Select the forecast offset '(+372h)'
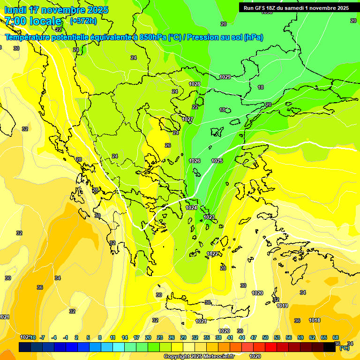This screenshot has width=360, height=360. [83, 21]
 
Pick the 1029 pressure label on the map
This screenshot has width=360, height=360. [225, 77]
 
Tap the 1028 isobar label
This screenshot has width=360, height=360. [195, 84]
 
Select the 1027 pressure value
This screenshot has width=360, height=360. [187, 120]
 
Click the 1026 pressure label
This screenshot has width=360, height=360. [195, 161]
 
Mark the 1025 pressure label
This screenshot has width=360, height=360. [217, 161]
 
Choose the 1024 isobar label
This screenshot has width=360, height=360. [191, 207]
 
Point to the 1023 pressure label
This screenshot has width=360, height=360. [209, 217]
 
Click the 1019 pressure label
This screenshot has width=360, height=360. [282, 306]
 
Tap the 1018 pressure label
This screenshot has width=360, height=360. [315, 320]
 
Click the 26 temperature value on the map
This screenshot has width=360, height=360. [168, 145]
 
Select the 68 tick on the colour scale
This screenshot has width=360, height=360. [336, 337]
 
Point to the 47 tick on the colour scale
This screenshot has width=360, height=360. [254, 337]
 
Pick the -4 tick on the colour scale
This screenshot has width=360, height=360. [54, 337]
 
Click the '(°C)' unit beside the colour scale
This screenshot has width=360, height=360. [345, 348]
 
